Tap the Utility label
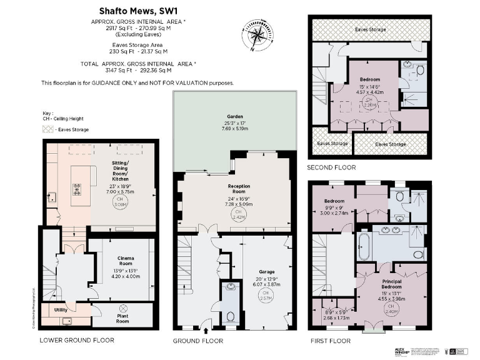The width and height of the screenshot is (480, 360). point(61,309)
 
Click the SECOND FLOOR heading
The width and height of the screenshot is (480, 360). point(331,167)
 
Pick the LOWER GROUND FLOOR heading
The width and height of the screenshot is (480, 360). point(77,341)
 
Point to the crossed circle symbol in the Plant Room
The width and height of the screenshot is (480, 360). point(124,308)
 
